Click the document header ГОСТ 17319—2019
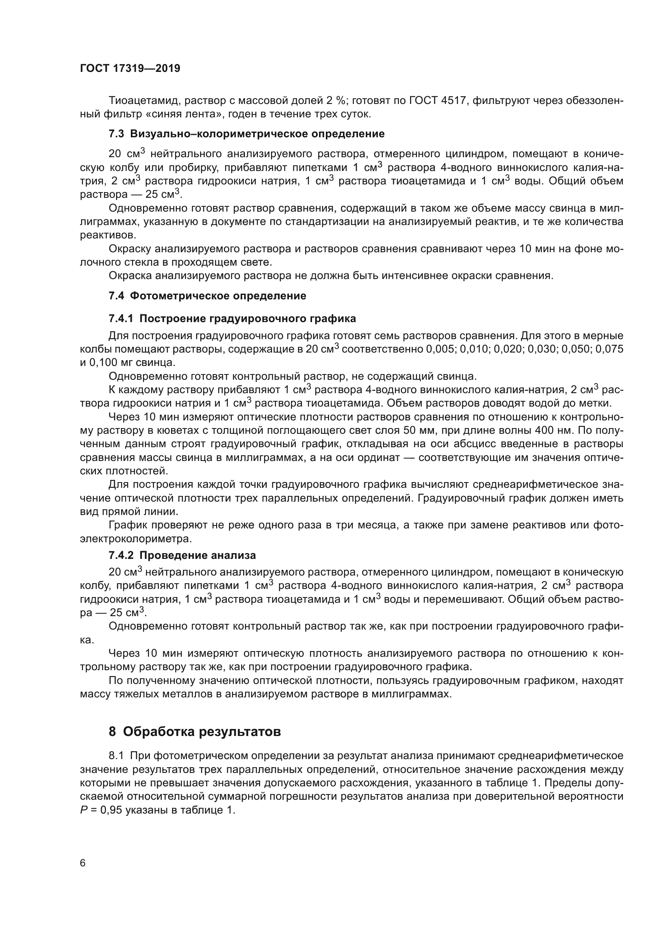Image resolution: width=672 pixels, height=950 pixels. click(130, 68)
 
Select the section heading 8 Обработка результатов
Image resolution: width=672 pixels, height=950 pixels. click(195, 731)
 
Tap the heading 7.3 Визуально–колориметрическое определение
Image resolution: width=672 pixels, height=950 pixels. click(247, 134)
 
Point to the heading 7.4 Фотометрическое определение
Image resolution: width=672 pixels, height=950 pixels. click(207, 295)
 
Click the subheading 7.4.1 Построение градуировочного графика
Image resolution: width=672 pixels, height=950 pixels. click(232, 318)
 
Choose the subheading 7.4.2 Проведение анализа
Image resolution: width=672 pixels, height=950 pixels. click(182, 555)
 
